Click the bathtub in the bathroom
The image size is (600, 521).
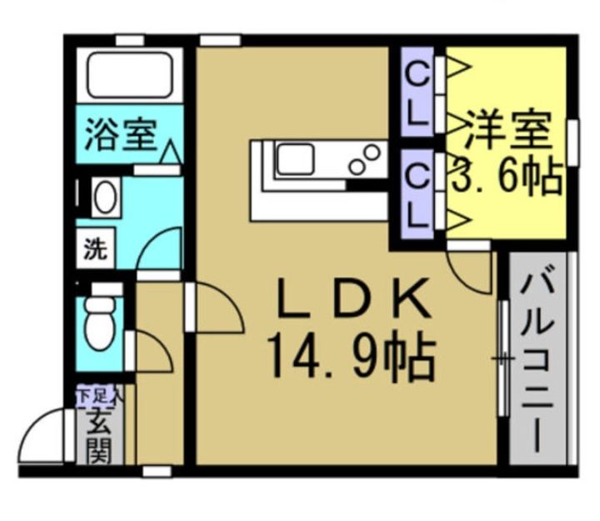(129, 75)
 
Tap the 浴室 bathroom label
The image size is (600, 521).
(121, 134)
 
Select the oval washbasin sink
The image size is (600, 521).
(105, 197)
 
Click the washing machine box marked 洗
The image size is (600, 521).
(95, 248)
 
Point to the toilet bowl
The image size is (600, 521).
(99, 323)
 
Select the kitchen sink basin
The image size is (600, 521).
(295, 159)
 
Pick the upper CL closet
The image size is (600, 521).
(417, 91)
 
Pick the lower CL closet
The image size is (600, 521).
(417, 194)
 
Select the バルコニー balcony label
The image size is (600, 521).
(538, 363)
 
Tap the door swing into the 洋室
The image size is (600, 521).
(462, 280)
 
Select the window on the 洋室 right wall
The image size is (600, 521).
(573, 143)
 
